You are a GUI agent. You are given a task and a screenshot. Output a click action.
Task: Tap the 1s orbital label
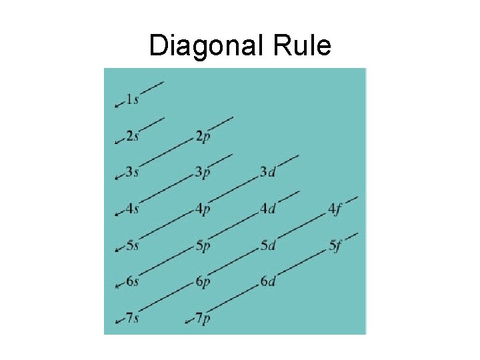(133, 100)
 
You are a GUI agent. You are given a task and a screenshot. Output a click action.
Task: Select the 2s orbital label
(133, 137)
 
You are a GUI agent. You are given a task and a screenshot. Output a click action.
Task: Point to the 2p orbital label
(203, 137)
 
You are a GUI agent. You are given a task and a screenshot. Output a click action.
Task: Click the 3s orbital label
(133, 173)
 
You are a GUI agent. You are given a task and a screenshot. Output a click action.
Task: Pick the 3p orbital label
(203, 173)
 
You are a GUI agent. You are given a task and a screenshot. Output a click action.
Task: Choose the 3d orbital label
(268, 173)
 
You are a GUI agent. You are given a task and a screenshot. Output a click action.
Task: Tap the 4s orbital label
(133, 209)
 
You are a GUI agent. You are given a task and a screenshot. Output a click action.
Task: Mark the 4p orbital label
(203, 209)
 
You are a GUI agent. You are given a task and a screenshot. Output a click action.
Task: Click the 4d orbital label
(268, 209)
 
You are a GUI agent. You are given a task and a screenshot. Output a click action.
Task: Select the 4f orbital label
(335, 209)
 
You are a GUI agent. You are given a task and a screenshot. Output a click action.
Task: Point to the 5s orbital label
(133, 246)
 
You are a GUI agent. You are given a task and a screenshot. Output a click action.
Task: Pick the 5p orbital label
(203, 246)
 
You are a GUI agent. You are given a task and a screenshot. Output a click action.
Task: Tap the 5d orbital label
(268, 246)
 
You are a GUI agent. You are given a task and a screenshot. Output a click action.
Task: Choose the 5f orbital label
(335, 246)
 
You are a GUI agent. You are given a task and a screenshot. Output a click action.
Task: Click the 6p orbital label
(203, 282)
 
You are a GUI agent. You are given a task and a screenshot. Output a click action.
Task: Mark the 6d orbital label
(268, 282)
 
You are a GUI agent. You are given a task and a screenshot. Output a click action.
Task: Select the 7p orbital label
(203, 319)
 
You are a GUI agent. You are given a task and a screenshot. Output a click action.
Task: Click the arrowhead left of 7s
(117, 322)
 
